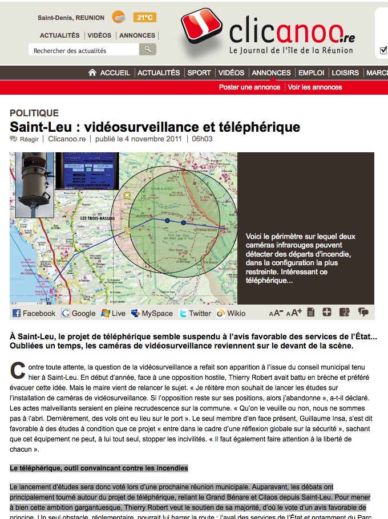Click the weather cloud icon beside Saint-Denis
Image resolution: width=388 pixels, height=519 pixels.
click(x=119, y=17)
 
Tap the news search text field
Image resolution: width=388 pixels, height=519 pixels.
click(x=83, y=50)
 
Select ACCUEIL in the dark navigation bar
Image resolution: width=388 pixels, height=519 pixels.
click(x=110, y=73)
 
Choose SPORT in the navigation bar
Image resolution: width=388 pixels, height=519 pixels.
click(x=199, y=73)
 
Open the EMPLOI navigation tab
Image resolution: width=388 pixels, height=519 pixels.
click(x=311, y=73)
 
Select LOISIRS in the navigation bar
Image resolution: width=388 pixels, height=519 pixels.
click(x=345, y=73)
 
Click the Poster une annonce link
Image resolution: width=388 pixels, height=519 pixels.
click(x=249, y=87)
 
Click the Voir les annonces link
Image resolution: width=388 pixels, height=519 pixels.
click(x=315, y=87)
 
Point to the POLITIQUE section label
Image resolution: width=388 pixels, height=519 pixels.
click(x=34, y=113)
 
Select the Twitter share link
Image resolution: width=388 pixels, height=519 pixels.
click(x=195, y=313)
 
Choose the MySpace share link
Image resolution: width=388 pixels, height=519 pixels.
click(x=152, y=313)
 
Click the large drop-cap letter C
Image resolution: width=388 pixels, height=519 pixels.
click(x=18, y=370)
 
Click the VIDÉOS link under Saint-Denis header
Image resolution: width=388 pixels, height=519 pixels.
click(x=100, y=35)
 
